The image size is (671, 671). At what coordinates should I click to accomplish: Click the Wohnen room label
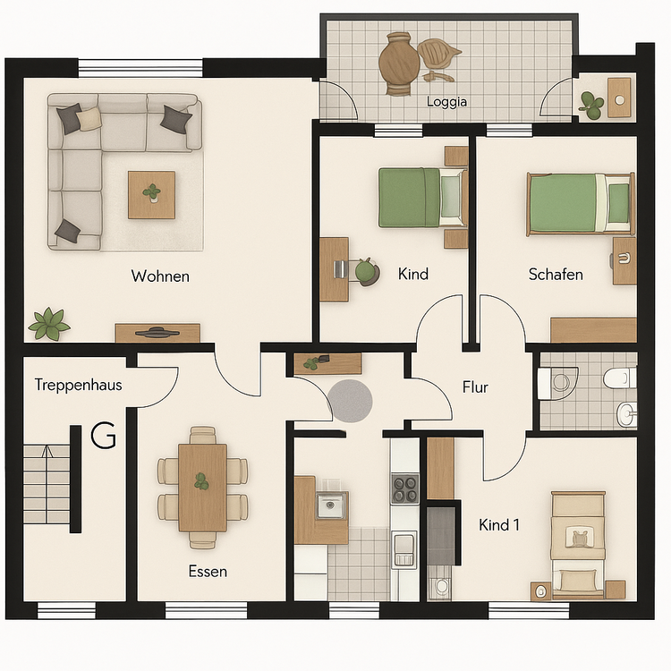[160, 276]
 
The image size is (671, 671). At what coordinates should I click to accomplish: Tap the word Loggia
[447, 101]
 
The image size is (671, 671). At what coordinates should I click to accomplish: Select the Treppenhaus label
[79, 386]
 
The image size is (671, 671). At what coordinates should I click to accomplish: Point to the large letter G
[104, 437]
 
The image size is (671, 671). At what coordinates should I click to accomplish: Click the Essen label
[208, 571]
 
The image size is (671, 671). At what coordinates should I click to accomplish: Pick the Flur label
[475, 387]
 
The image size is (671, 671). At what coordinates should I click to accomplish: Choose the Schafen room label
[556, 274]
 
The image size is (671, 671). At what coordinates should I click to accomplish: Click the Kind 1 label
[499, 525]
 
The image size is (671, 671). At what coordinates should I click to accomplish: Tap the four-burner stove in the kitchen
[404, 488]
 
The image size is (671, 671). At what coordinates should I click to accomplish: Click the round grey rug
[352, 400]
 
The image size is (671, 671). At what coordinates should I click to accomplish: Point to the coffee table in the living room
[151, 193]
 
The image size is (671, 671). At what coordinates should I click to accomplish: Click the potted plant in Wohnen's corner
[49, 323]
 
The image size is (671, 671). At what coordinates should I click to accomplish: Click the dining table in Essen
[202, 486]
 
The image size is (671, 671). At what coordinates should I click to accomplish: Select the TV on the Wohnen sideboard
[157, 332]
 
